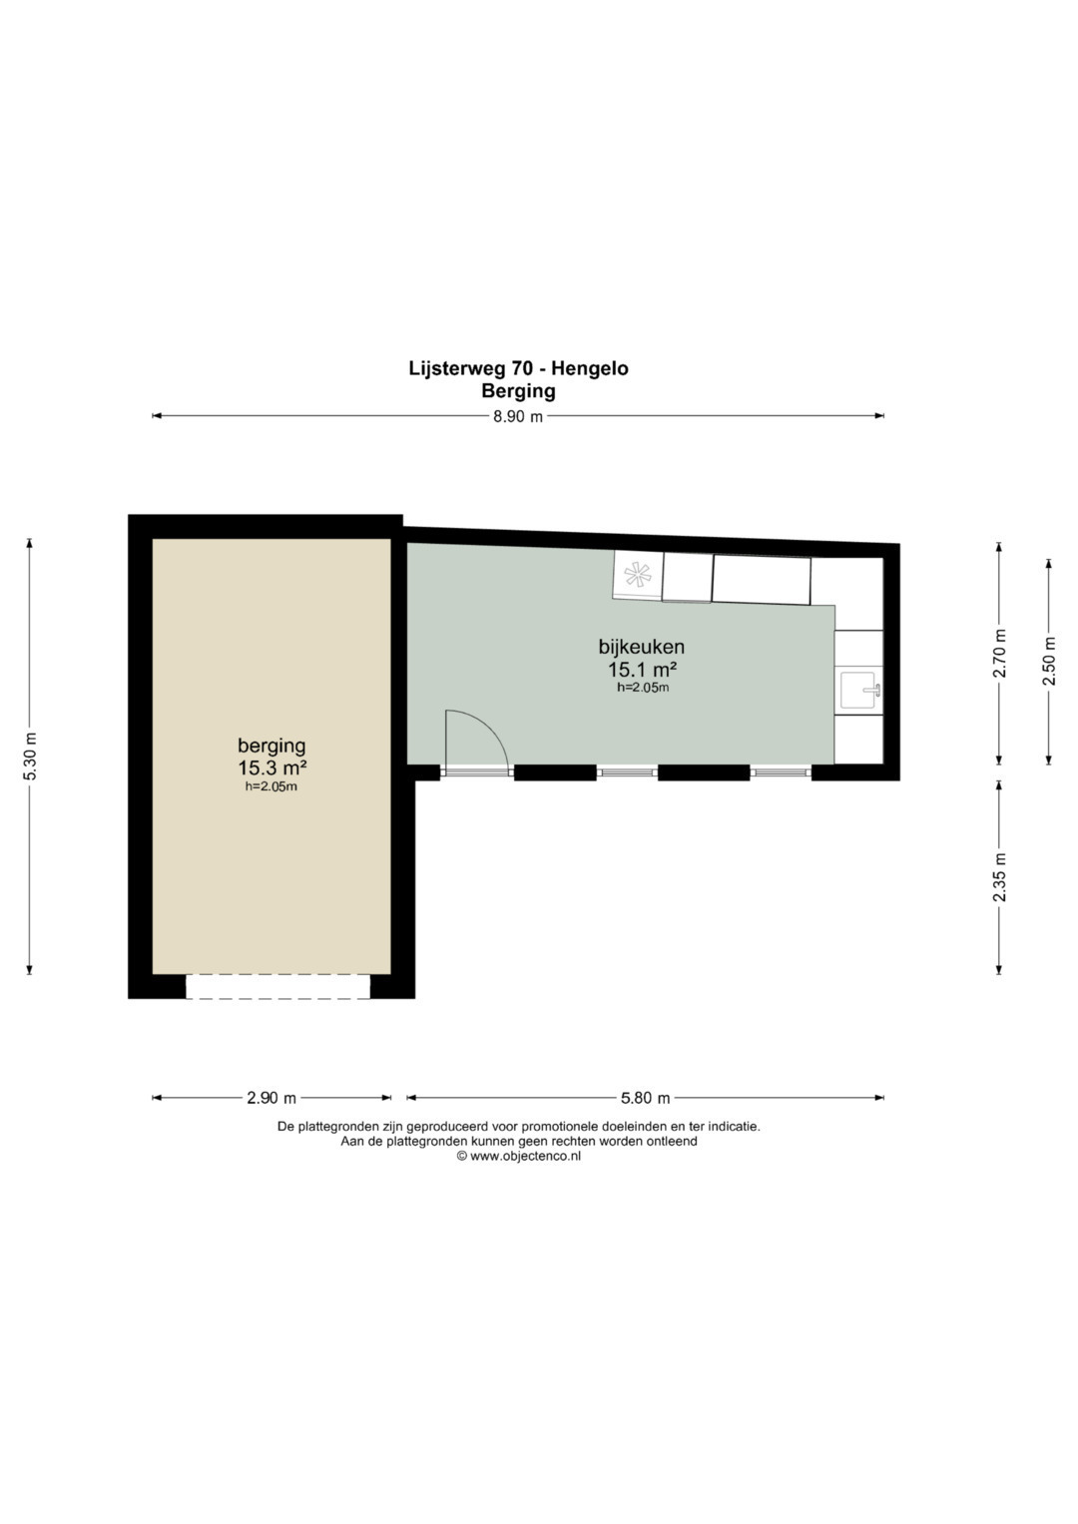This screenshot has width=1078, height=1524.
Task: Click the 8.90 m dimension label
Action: point(518,417)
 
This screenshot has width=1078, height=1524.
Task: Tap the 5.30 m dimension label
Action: point(29,758)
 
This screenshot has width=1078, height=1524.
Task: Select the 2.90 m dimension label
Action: point(270,1098)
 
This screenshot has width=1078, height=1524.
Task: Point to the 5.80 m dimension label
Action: point(645,1098)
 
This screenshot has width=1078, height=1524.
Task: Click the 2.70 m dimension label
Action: point(999,653)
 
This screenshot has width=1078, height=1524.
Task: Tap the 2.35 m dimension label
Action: point(999,876)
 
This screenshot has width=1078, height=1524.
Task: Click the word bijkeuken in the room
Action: point(641,647)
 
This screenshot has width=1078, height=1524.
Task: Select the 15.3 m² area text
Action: point(271,768)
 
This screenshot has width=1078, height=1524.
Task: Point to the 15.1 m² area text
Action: point(642,670)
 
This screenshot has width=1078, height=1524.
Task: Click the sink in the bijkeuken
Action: point(860,690)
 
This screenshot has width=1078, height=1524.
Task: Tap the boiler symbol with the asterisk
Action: point(638,575)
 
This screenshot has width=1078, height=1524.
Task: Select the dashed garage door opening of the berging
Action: point(277,986)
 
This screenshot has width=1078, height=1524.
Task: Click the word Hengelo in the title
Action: point(589,368)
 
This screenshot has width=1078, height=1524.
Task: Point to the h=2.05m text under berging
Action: point(270,787)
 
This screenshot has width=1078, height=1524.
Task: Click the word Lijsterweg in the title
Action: point(457,368)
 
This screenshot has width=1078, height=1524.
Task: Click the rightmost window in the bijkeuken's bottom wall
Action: point(782,772)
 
